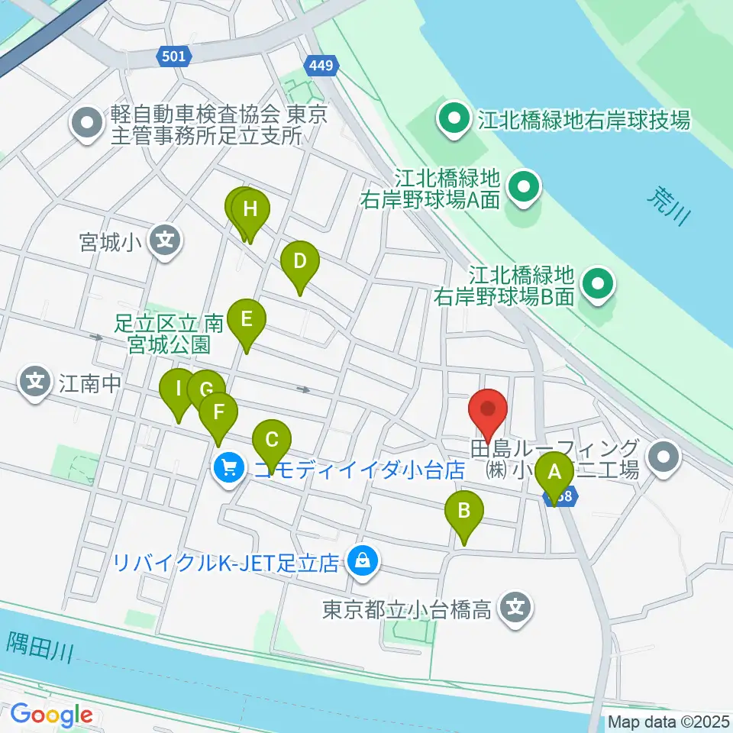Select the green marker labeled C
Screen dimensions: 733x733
pos(272,441)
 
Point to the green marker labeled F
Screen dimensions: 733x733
pos(218,413)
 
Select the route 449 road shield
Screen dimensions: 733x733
pos(321,66)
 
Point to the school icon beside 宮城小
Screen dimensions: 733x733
pos(165,242)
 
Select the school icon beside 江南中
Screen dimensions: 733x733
pos(36,379)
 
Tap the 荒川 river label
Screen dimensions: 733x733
pos(667,205)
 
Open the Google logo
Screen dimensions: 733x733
pos(51,715)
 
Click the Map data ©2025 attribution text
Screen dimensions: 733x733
pos(669,722)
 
